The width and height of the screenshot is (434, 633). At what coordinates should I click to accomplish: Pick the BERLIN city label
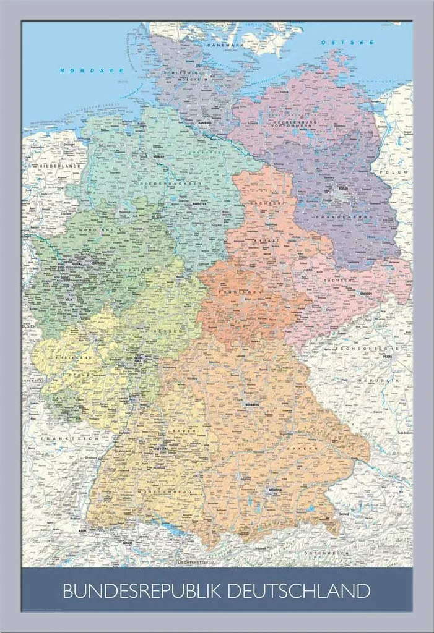[342, 190]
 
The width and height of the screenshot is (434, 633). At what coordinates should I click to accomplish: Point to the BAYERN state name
[305, 446]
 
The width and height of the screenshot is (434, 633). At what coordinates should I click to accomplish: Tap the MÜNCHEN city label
[272, 490]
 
